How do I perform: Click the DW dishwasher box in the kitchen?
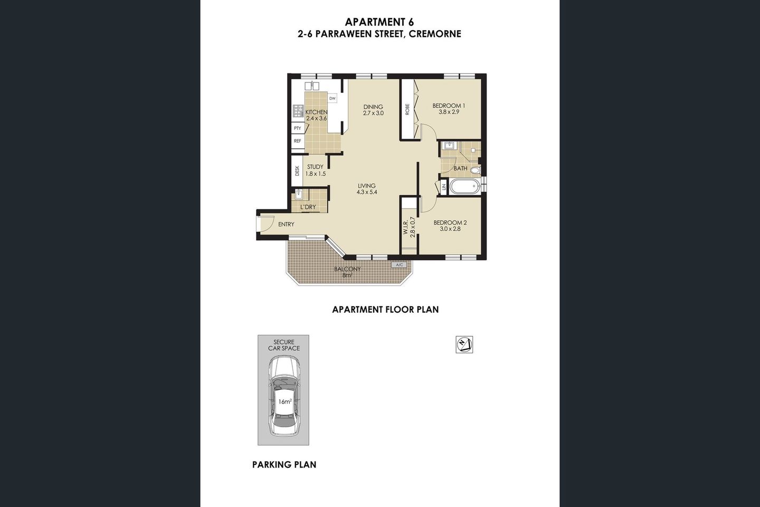pyautogui.click(x=332, y=99)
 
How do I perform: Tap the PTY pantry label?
pyautogui.click(x=298, y=128)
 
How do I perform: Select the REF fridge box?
pyautogui.click(x=298, y=141)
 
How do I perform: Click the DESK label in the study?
pyautogui.click(x=297, y=171)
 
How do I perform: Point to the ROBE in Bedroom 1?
pyautogui.click(x=407, y=109)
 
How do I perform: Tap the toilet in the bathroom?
pyautogui.click(x=474, y=170)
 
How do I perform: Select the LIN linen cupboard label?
pyautogui.click(x=444, y=186)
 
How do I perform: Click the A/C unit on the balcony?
pyautogui.click(x=398, y=265)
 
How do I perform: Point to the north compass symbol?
pyautogui.click(x=464, y=344)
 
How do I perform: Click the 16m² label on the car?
pyautogui.click(x=284, y=402)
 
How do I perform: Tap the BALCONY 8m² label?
pyautogui.click(x=347, y=272)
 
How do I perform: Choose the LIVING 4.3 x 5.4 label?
pyautogui.click(x=366, y=189)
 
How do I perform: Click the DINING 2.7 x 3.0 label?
pyautogui.click(x=373, y=110)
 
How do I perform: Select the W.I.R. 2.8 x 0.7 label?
pyautogui.click(x=410, y=225)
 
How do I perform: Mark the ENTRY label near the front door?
pyautogui.click(x=286, y=224)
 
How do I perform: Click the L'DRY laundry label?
pyautogui.click(x=308, y=207)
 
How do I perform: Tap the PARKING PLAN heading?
pyautogui.click(x=284, y=465)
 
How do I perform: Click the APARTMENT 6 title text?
pyautogui.click(x=379, y=22)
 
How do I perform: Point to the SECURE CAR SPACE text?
pyautogui.click(x=283, y=345)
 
